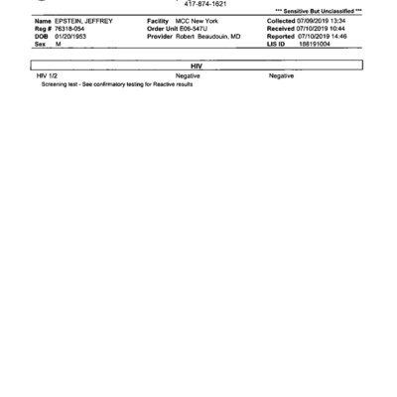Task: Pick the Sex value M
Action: point(59,44)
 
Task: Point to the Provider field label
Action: point(160,36)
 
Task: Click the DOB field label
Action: point(41,36)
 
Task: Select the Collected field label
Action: point(283,21)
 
